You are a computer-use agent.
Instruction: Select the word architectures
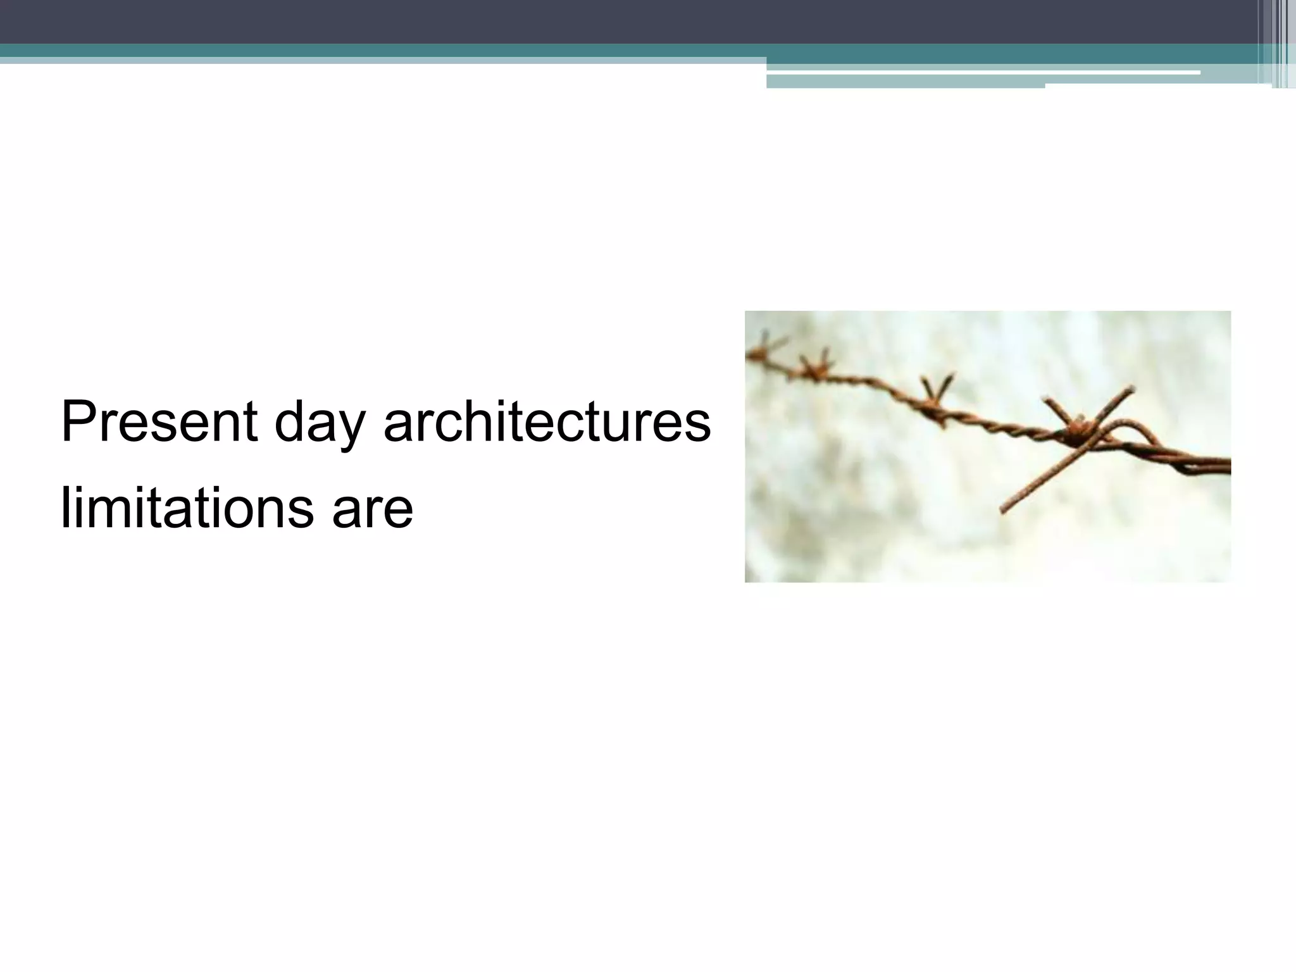[x=547, y=423]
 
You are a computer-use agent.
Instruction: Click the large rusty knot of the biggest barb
[x=1076, y=432]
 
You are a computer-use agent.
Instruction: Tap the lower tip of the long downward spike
[x=1003, y=510]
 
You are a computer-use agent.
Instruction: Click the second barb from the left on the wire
[x=814, y=367]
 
